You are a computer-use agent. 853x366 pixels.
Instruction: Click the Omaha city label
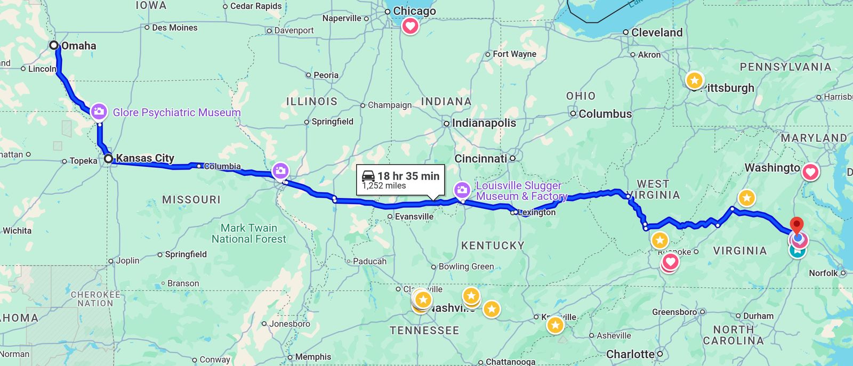coord(78,46)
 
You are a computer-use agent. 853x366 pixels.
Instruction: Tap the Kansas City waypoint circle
coord(108,158)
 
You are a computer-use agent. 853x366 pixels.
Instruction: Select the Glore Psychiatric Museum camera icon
coord(99,112)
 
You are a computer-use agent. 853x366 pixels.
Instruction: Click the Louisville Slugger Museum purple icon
coord(462,190)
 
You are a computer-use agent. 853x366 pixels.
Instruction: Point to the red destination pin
coord(796,225)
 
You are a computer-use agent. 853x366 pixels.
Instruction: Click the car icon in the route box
coord(368,176)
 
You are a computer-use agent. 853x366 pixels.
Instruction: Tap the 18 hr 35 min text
coord(408,176)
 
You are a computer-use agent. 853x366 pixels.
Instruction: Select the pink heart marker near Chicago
coord(410,26)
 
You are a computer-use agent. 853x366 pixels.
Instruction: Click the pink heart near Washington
coord(810,172)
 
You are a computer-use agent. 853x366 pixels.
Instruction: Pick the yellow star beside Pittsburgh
coord(694,80)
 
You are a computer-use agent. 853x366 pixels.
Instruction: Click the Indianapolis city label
coord(484,123)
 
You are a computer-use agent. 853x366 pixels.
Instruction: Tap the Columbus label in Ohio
coord(605,114)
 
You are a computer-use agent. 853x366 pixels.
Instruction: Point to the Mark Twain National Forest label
coord(249,233)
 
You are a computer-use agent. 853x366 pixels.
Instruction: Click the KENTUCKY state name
coord(493,246)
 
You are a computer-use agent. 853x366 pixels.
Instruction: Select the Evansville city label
coord(414,216)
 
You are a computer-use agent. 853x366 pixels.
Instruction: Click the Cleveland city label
coord(656,32)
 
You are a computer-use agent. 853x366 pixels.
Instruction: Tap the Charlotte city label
coord(630,354)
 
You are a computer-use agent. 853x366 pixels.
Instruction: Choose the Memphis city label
coord(313,357)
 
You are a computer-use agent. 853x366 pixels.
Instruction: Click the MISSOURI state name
coord(191,200)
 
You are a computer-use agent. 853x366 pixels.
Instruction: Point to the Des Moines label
coord(174,28)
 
